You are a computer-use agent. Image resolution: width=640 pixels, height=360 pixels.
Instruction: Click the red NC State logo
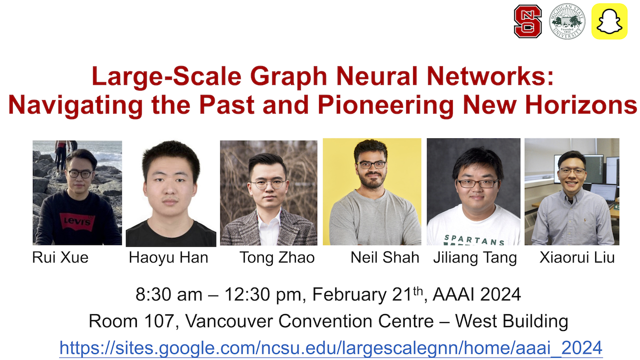(x=528, y=22)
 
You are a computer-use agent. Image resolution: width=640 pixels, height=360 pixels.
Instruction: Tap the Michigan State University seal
(x=567, y=22)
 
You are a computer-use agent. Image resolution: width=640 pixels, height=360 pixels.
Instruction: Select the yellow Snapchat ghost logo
(x=609, y=22)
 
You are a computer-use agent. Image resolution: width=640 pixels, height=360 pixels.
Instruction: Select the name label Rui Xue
(x=60, y=258)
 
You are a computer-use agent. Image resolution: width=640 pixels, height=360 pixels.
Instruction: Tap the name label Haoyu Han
(x=168, y=258)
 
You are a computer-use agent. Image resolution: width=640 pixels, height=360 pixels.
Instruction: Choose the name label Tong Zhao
(x=277, y=258)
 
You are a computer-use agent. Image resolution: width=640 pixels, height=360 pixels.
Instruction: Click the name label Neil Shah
(x=385, y=258)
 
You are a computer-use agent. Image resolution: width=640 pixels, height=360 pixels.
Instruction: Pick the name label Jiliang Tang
(x=475, y=258)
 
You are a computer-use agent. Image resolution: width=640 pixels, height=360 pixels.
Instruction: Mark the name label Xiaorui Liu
(x=577, y=258)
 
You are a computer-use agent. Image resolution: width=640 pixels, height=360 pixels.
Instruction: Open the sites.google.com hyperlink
(x=331, y=348)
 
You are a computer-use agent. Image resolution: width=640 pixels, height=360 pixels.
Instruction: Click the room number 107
(x=160, y=321)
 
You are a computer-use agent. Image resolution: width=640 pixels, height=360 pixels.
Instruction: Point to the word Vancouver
(x=229, y=321)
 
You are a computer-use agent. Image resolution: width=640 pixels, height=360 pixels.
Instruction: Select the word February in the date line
(x=350, y=295)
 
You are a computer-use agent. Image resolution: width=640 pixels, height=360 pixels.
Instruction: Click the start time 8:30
(x=154, y=295)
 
